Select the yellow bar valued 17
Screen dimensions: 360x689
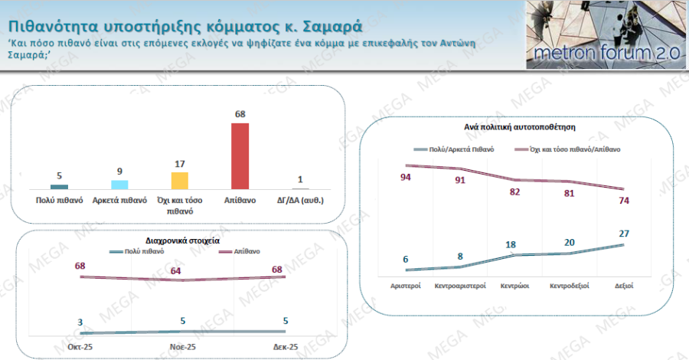(180, 180)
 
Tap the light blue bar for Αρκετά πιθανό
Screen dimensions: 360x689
(119, 184)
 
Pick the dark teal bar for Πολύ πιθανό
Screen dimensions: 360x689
(59, 186)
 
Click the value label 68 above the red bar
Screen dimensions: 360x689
(240, 115)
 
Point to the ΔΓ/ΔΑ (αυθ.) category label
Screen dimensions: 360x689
(300, 200)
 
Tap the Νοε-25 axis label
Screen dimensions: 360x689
(182, 346)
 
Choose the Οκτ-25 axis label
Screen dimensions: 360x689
(80, 346)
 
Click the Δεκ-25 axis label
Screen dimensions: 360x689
(285, 346)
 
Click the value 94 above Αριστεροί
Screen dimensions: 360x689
(407, 178)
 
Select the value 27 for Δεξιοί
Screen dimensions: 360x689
(624, 234)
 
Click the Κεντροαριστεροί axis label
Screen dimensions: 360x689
(460, 285)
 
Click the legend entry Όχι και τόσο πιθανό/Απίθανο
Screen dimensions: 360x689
(574, 149)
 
